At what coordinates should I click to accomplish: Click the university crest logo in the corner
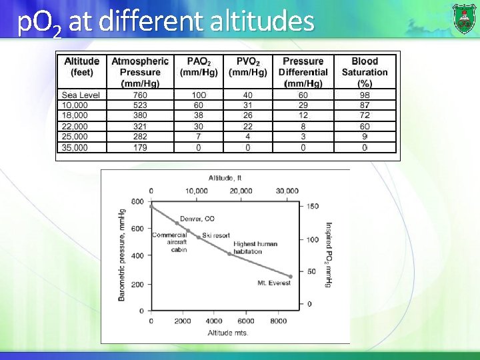[464, 18]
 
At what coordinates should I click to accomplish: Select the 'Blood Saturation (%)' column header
[365, 72]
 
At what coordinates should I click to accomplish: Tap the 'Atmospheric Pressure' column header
[140, 72]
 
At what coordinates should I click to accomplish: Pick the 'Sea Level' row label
[81, 95]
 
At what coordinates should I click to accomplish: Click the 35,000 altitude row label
[75, 147]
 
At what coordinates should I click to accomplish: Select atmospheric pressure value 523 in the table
[140, 105]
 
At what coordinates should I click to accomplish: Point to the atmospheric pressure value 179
[140, 147]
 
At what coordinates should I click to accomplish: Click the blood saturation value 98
[365, 95]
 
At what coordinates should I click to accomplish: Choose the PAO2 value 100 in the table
[199, 95]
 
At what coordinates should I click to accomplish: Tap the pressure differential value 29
[303, 105]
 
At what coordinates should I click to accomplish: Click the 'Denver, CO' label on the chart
[197, 219]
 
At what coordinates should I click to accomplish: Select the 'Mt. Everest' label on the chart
[273, 283]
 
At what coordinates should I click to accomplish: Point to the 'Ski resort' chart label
[216, 235]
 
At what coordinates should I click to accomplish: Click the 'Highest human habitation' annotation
[255, 247]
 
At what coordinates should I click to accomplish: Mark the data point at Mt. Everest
[291, 276]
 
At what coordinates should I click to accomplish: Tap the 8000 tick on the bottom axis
[278, 321]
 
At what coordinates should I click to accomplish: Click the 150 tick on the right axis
[313, 206]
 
